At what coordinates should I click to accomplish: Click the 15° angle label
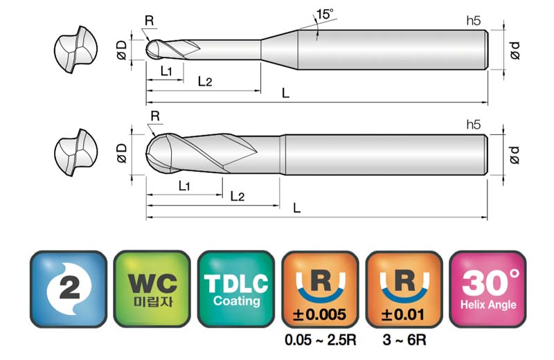click(x=324, y=15)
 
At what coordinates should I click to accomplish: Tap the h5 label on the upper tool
click(x=474, y=21)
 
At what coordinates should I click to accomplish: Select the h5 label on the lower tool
click(x=474, y=125)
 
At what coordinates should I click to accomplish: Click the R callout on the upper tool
click(x=150, y=21)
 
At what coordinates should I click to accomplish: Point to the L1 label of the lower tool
click(x=184, y=186)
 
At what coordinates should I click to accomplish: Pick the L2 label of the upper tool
click(x=205, y=82)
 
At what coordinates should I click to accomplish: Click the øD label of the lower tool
click(x=122, y=153)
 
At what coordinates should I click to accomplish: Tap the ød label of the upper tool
click(x=515, y=50)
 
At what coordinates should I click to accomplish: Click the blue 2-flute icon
click(x=69, y=289)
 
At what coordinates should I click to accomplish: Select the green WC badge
click(x=152, y=289)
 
